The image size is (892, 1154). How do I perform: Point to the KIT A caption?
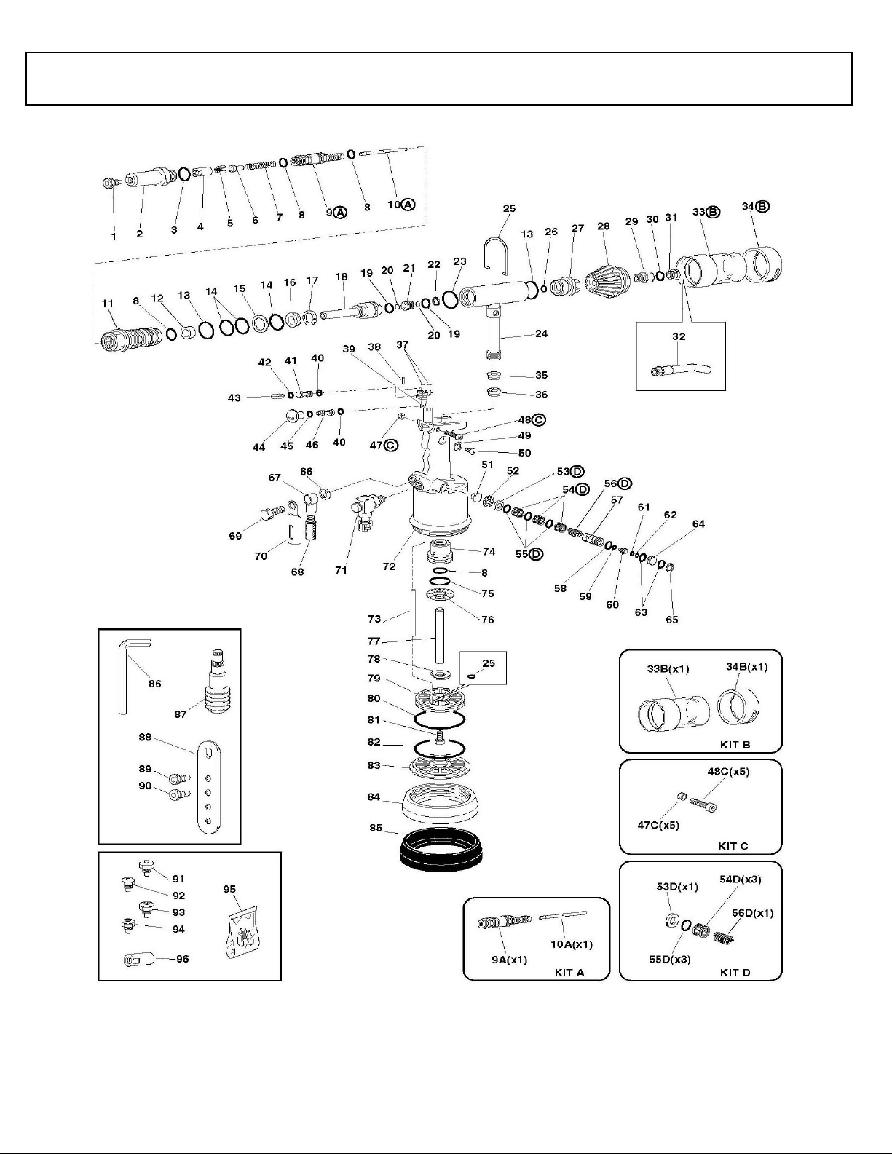pyautogui.click(x=569, y=972)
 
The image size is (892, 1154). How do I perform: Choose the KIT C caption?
pyautogui.click(x=733, y=845)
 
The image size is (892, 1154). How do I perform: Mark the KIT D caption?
pyautogui.click(x=734, y=972)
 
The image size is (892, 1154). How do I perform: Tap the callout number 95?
pyautogui.click(x=229, y=889)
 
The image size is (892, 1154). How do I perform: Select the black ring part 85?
pyautogui.click(x=441, y=848)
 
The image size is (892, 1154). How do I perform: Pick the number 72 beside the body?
pyautogui.click(x=389, y=566)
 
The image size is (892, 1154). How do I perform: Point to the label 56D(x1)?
pyautogui.click(x=752, y=912)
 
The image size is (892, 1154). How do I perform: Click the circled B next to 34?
pyautogui.click(x=762, y=206)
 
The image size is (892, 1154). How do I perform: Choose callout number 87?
pyautogui.click(x=180, y=714)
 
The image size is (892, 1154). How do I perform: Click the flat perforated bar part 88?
pyautogui.click(x=208, y=786)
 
